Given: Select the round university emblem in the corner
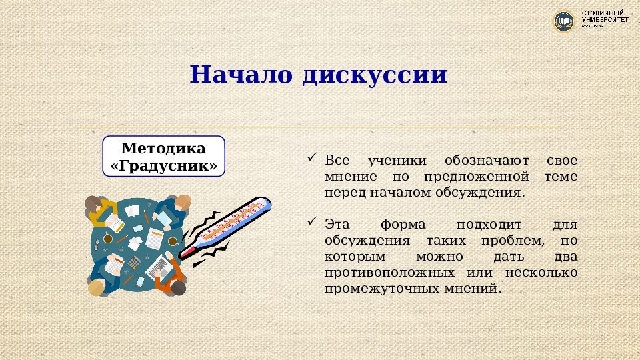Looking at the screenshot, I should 564,21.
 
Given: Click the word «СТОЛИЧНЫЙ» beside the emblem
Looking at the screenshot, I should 603,13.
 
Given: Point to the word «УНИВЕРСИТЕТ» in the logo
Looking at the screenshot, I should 605,21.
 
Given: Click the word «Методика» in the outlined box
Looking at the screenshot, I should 163,148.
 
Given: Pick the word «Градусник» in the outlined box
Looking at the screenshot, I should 163,165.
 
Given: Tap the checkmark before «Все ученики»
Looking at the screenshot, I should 311,159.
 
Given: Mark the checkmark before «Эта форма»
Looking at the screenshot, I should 311,221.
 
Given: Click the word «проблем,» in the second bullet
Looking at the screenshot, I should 518,241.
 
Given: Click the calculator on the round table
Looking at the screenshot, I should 133,262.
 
